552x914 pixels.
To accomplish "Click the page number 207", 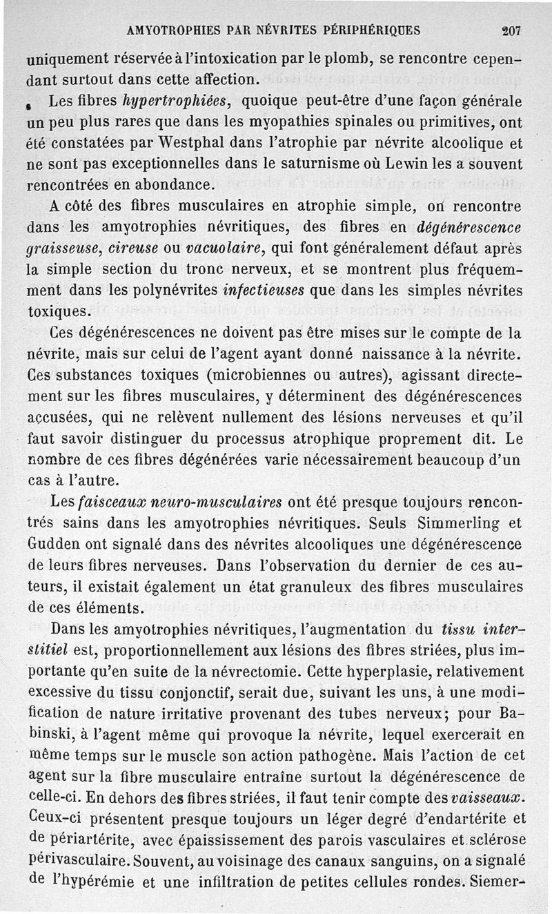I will [x=511, y=30].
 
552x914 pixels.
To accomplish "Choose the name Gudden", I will [x=52, y=544].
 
